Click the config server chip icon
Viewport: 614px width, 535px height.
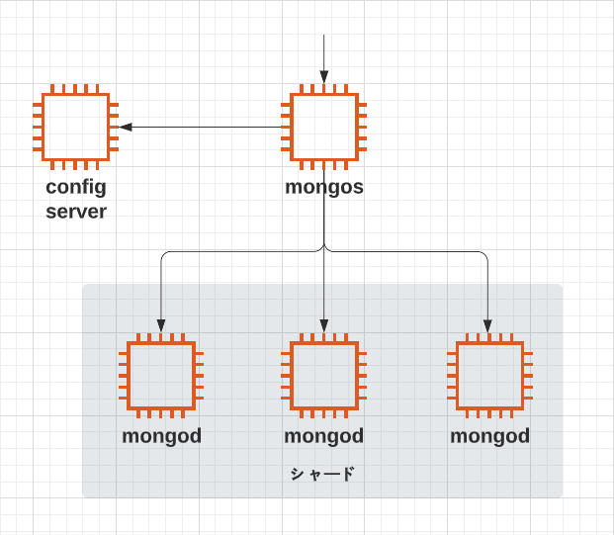75,127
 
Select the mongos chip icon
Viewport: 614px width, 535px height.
324,127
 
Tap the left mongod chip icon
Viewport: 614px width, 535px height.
161,376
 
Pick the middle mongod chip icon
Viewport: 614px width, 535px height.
324,376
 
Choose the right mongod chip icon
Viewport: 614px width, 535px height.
489,376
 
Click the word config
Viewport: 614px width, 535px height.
76,188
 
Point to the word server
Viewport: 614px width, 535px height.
76,212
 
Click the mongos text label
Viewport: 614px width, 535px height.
324,188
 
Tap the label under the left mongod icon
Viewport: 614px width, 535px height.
162,436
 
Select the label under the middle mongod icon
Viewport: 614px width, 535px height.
324,436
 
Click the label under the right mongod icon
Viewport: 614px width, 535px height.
489,436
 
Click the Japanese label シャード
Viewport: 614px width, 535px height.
322,474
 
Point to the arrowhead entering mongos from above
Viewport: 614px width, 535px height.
324,77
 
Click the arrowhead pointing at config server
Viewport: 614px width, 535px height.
126,127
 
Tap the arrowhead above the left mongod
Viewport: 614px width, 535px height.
161,326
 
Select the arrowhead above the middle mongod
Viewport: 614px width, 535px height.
324,326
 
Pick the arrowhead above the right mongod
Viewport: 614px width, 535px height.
487,326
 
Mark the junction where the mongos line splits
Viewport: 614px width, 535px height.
324,247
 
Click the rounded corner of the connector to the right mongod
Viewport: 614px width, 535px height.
485,254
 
